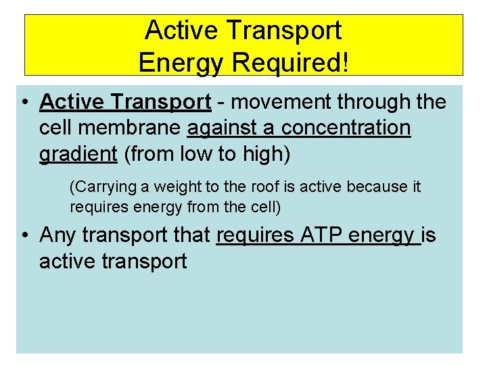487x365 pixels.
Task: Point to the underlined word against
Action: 229,128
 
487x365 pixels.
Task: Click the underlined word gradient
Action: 78,154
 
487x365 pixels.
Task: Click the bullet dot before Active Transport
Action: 24,102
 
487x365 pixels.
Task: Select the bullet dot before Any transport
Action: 24,235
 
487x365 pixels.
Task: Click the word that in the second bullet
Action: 193,235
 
